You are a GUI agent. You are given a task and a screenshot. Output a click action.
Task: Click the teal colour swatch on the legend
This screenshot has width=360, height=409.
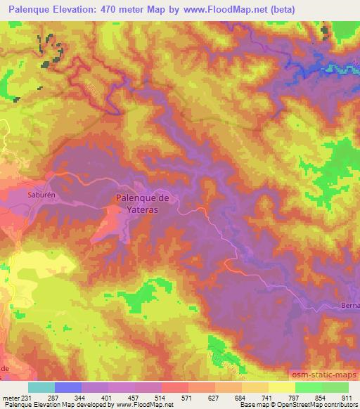point(41,387)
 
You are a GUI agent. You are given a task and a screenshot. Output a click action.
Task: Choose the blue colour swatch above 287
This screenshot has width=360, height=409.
point(68,387)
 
